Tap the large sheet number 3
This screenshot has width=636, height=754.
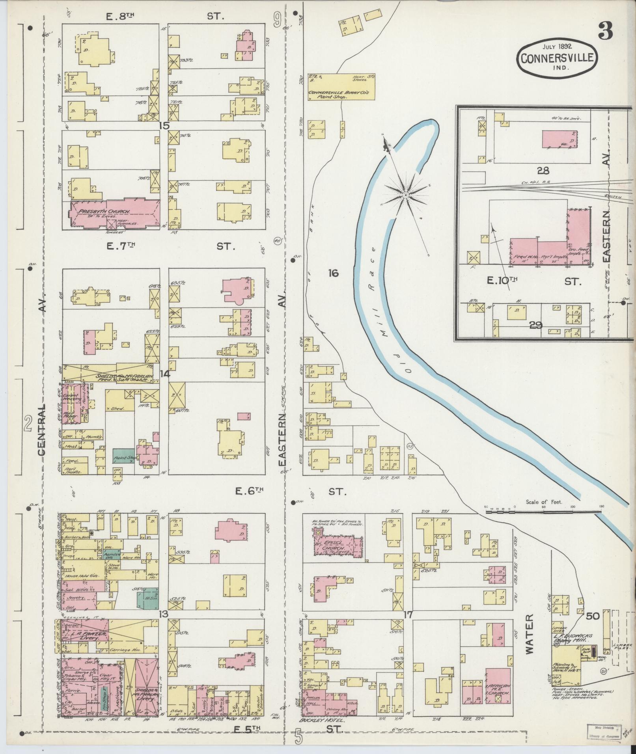tap(605, 31)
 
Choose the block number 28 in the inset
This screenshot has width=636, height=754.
tap(543, 171)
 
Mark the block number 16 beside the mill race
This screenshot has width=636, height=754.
tap(333, 273)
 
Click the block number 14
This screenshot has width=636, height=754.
tap(164, 374)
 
